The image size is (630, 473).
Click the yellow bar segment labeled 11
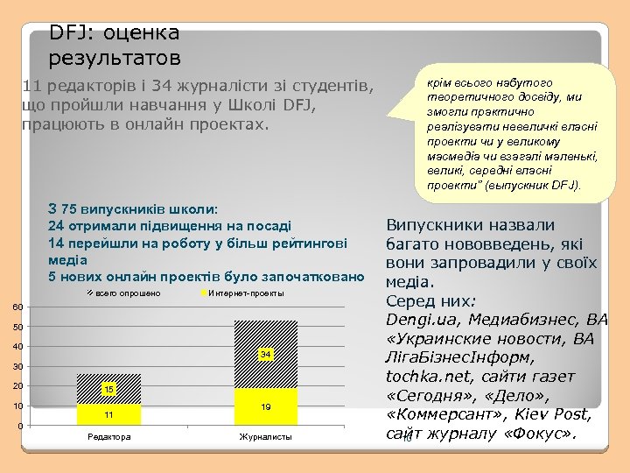108,414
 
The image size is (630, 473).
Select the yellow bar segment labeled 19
266,407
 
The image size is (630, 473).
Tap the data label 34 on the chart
266,354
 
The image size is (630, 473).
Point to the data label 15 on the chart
108,388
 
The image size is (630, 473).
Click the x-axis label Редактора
108,437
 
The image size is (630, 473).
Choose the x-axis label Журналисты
265,437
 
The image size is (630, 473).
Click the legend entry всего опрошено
127,293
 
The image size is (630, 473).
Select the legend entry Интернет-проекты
246,293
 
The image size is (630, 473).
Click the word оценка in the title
141,33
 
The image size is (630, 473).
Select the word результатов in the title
115,59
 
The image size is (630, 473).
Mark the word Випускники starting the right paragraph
428,224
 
